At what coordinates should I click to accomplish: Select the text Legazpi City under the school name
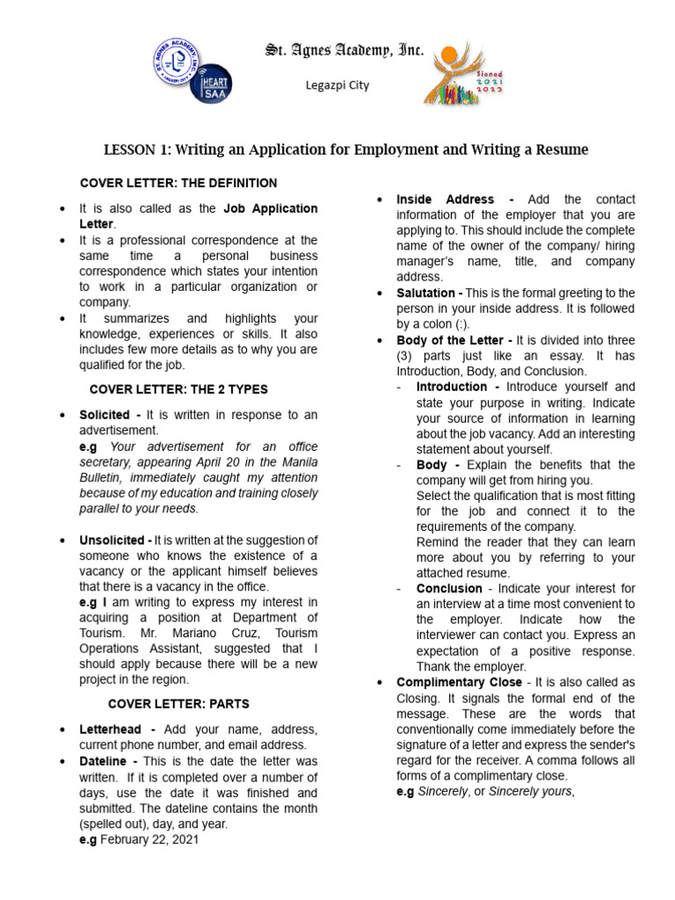(337, 85)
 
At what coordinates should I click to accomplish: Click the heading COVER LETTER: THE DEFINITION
(178, 183)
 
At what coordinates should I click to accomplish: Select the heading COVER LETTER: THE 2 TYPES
(178, 389)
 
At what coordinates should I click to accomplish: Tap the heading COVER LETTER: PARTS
(178, 704)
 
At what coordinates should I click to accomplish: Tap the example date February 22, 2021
(149, 839)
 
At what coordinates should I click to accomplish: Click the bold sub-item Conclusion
(449, 589)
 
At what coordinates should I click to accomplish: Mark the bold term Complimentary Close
(459, 682)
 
